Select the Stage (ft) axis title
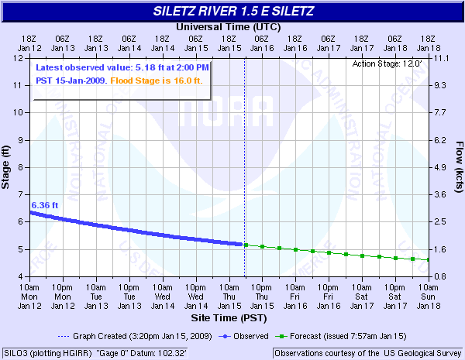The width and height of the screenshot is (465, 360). click(7, 166)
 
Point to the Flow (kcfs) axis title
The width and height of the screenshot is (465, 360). click(458, 166)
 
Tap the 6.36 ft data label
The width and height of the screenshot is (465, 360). click(45, 205)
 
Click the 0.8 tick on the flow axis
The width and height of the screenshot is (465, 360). click(441, 276)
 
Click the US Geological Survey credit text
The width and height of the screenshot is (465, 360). click(367, 353)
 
